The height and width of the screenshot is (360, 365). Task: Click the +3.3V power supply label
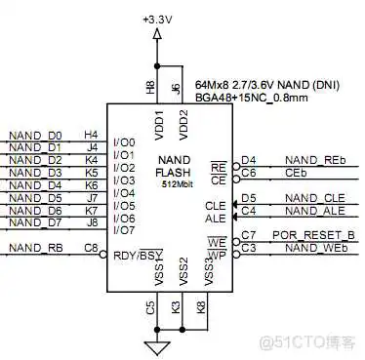tap(156, 19)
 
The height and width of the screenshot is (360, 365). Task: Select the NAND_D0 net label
tap(34, 136)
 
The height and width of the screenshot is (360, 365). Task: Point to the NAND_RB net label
tap(34, 249)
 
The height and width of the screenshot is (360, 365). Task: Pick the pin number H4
tap(92, 135)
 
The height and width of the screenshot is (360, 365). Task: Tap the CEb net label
tap(297, 173)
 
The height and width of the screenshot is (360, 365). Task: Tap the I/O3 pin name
tap(124, 180)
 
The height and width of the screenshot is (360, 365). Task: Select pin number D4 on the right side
tap(249, 160)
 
